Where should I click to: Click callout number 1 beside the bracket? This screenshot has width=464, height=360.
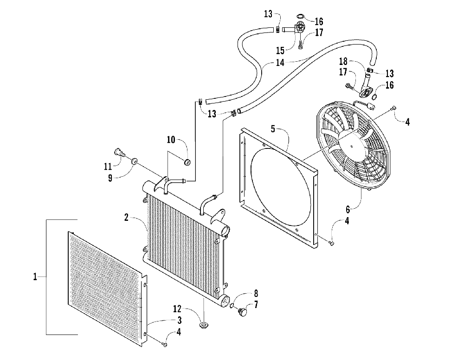(x=35, y=277)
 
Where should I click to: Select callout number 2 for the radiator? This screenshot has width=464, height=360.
(x=126, y=217)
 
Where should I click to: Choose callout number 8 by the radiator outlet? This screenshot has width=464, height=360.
(x=256, y=293)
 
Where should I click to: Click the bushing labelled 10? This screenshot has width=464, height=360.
(x=187, y=161)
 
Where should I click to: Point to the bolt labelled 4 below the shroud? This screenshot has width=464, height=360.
(x=332, y=243)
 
